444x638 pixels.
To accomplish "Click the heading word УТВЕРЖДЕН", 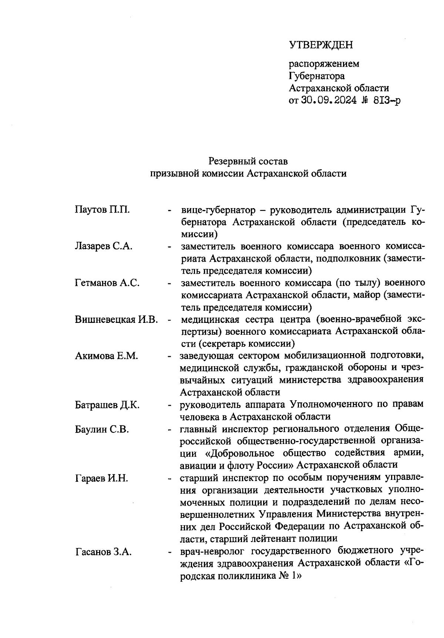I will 321,45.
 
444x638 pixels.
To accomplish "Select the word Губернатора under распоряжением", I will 316,76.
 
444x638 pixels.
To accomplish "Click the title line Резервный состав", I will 248,161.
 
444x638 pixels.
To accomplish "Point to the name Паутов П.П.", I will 102,210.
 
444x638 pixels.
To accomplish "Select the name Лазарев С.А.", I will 104,247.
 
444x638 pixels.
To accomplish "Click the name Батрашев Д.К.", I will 107,405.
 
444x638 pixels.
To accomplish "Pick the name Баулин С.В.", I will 102,430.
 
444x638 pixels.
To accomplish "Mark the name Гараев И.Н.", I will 102,478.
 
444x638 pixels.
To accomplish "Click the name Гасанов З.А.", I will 104,552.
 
